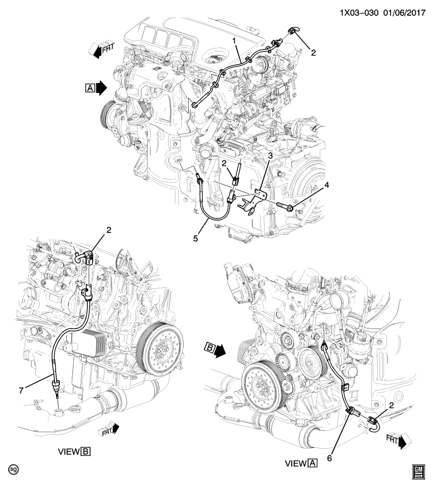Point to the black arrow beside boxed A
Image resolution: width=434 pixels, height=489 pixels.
pos(101,88)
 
